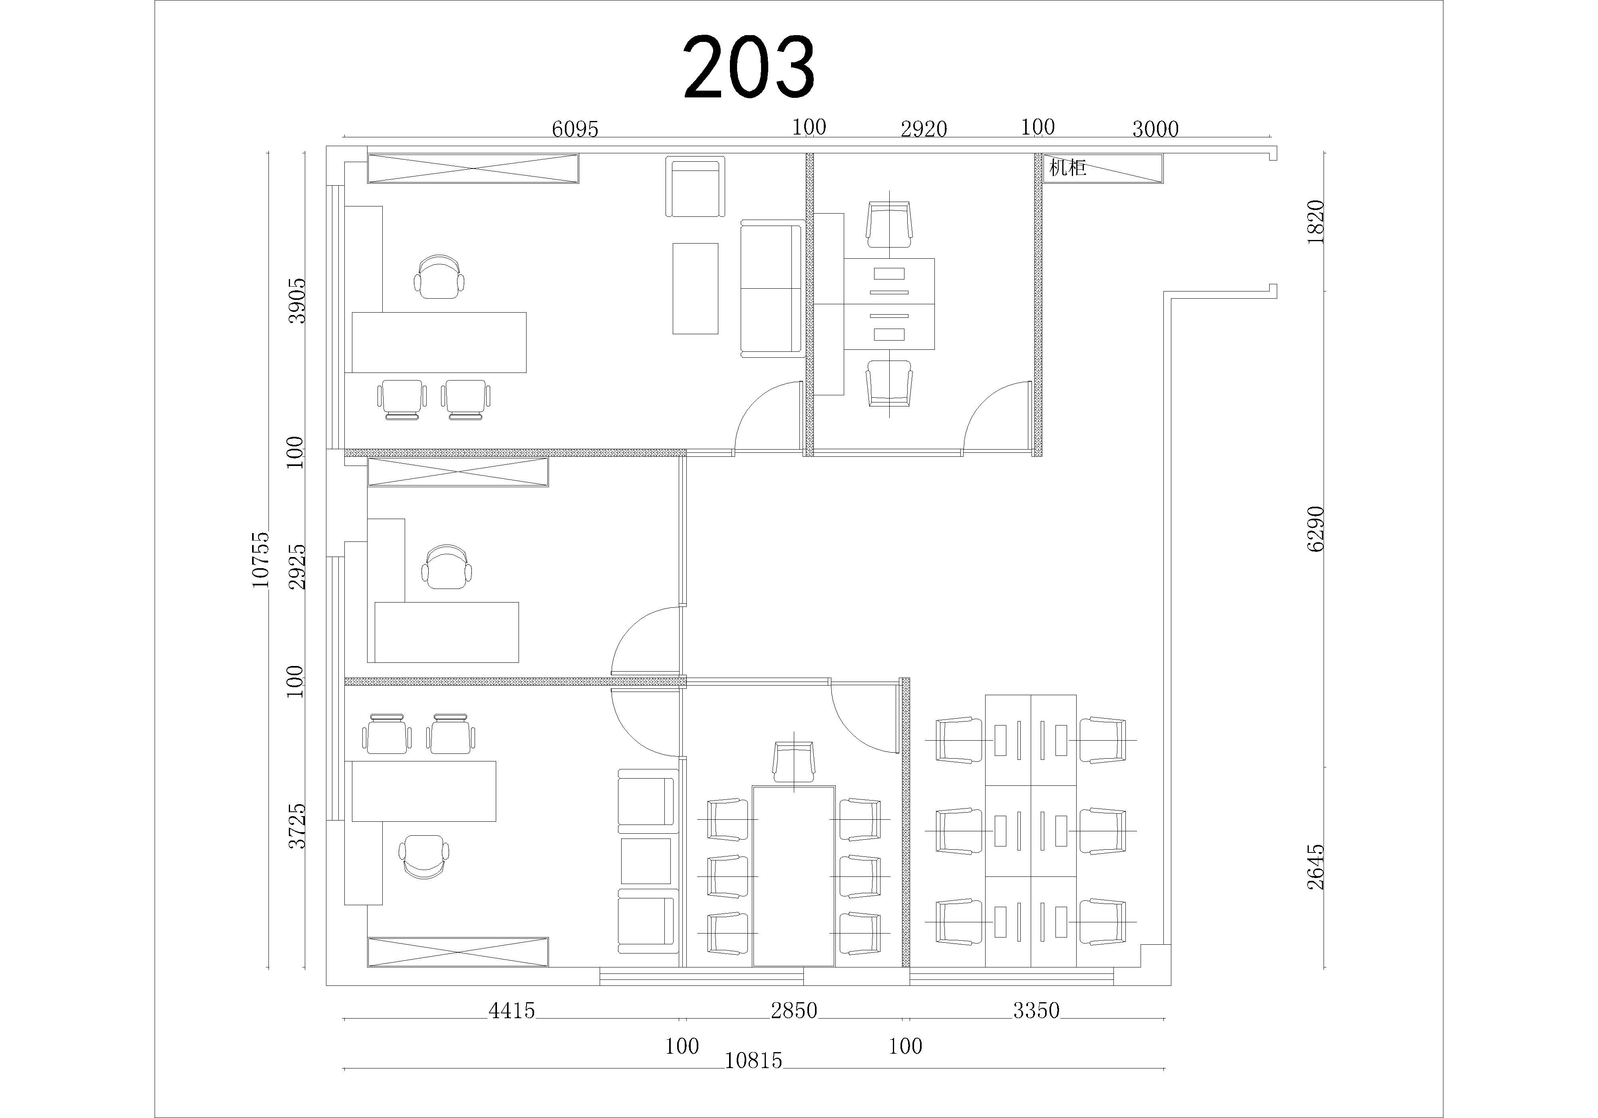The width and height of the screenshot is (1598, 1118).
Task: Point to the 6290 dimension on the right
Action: [1316, 529]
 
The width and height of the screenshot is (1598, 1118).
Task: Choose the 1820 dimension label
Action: [1316, 221]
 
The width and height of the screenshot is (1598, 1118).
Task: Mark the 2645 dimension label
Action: [1316, 868]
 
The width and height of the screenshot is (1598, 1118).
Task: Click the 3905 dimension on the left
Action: [297, 301]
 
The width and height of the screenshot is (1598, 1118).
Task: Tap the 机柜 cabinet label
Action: [1067, 168]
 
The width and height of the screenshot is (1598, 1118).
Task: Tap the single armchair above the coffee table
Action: [695, 186]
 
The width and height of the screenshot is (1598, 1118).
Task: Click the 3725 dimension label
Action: [297, 826]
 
